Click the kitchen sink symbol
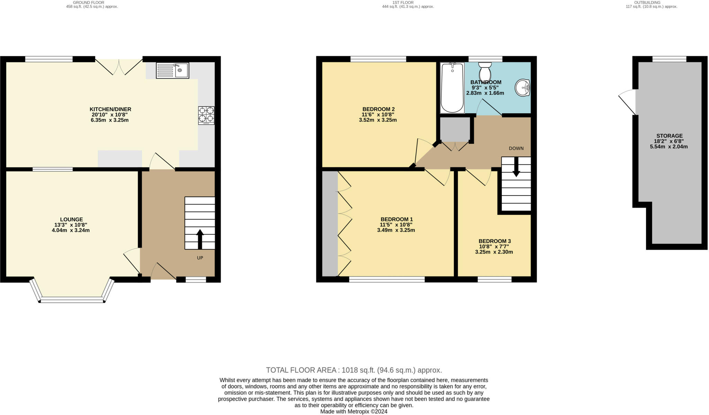(x=172, y=70)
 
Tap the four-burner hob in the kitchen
(x=206, y=115)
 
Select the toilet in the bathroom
(x=485, y=71)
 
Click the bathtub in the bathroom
(x=452, y=88)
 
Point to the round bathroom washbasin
(x=522, y=88)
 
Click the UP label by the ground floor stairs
(x=200, y=258)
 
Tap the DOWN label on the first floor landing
(x=516, y=148)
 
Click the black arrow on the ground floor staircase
(x=200, y=239)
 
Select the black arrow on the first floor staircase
(x=516, y=167)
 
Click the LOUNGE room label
(x=72, y=219)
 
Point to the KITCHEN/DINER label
(x=110, y=109)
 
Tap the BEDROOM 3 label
(x=495, y=241)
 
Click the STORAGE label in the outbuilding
(x=670, y=136)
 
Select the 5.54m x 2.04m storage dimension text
(x=669, y=147)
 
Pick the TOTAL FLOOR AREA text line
(x=354, y=370)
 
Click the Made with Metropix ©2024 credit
(x=354, y=412)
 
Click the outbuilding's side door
(x=627, y=102)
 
